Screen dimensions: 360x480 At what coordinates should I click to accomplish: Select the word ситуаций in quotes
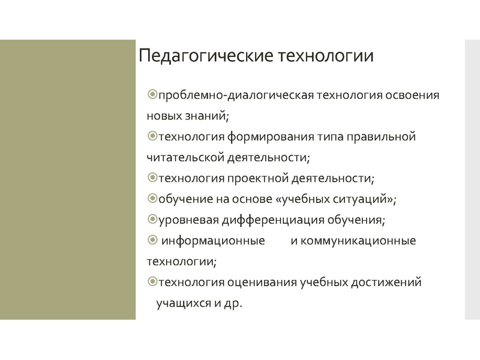(x=365, y=199)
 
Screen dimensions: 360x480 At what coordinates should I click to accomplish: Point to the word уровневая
(x=184, y=220)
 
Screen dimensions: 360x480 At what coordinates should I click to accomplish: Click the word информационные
(x=214, y=241)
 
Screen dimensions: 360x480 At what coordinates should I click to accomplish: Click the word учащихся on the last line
(x=183, y=303)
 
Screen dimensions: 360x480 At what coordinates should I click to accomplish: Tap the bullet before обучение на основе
(x=152, y=199)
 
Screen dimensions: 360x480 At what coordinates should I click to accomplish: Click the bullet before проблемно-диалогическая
(x=152, y=95)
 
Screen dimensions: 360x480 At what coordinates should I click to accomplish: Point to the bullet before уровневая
(x=152, y=220)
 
